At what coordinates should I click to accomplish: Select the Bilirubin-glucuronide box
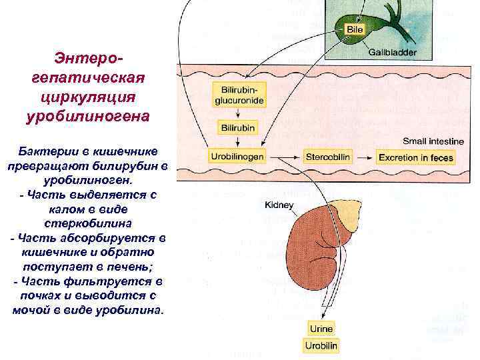coord(238,96)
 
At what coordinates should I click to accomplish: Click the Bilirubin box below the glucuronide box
coord(238,127)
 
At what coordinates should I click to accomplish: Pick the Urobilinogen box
coord(238,157)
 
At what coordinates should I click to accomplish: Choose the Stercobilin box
coord(328,157)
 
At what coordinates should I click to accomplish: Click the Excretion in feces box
coord(415,158)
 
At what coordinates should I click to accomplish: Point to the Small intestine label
coord(433,141)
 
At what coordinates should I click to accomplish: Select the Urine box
coord(321,329)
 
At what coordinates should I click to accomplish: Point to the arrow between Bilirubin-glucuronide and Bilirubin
coord(238,112)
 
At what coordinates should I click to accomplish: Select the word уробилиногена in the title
coord(87,116)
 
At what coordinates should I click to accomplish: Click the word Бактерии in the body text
coord(47,151)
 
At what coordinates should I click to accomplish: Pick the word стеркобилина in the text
coord(87,223)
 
